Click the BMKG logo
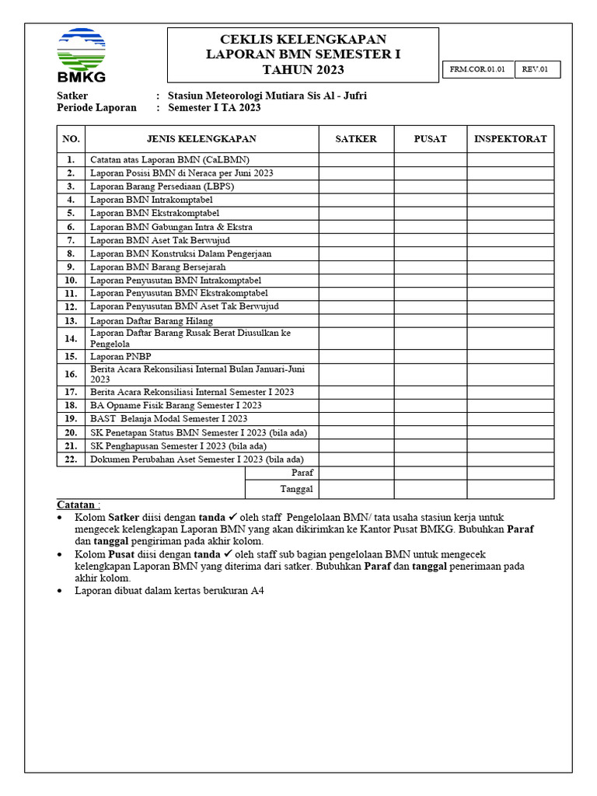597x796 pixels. point(81,55)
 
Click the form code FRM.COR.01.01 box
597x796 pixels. point(477,70)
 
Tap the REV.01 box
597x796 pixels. point(536,70)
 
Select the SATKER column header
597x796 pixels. point(355,139)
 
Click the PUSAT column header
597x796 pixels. point(430,139)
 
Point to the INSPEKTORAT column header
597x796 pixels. point(510,139)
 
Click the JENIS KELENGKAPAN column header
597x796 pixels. point(201,139)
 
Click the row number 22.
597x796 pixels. point(71,459)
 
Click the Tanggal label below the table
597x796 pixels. point(296,489)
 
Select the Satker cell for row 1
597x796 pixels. point(355,159)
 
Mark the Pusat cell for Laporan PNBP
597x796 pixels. point(430,356)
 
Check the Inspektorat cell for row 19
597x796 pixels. point(510,419)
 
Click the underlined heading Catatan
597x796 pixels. point(78,504)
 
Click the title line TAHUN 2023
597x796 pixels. point(302,71)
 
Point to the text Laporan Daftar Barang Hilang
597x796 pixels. point(151,320)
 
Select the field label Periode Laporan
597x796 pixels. point(96,108)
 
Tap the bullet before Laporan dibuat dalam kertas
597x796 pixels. point(61,592)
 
